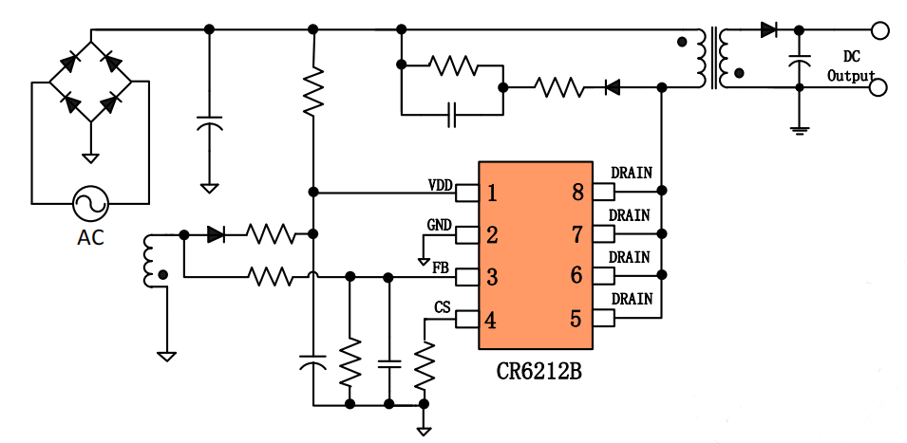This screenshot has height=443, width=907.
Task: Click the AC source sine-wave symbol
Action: click(90, 203)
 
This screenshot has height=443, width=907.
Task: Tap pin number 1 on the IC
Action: click(492, 194)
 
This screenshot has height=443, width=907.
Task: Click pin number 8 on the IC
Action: click(576, 194)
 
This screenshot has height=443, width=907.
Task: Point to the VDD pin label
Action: click(442, 183)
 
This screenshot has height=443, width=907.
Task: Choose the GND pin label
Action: click(440, 225)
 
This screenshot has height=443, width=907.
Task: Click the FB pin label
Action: click(441, 268)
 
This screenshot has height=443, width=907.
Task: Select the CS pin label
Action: click(443, 308)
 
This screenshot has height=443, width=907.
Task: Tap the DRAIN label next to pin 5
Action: click(631, 299)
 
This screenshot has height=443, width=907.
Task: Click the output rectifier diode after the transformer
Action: click(769, 30)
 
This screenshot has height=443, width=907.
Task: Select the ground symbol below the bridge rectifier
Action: click(90, 157)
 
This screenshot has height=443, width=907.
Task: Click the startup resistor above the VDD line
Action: click(313, 91)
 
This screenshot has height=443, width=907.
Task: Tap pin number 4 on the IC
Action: click(492, 320)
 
